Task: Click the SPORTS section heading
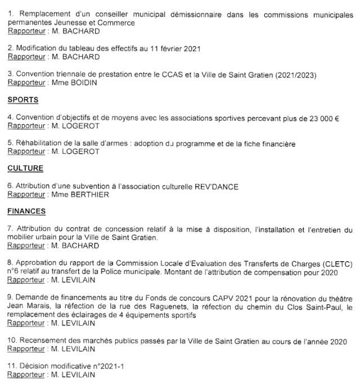tap(22, 100)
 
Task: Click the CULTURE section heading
tap(25, 168)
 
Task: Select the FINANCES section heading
tap(26, 212)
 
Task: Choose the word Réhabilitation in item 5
tap(35, 143)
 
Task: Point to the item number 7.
tap(10, 230)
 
